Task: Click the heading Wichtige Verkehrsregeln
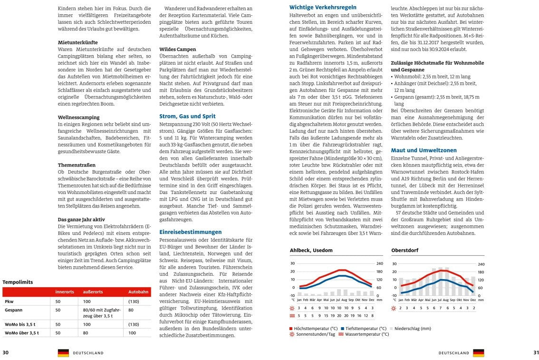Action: point(323,7)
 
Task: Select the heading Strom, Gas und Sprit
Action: point(187,116)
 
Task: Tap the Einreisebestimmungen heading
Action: point(190,232)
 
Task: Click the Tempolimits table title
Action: point(18,282)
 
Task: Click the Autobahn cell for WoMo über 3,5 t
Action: point(132,333)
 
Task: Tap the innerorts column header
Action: point(65,292)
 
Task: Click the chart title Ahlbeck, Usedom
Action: point(311,250)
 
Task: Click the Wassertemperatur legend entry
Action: point(366,334)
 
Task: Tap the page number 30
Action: point(5,352)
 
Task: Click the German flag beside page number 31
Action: point(479,353)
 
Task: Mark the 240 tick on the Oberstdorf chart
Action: point(481,264)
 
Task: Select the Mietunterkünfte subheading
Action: point(77,42)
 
